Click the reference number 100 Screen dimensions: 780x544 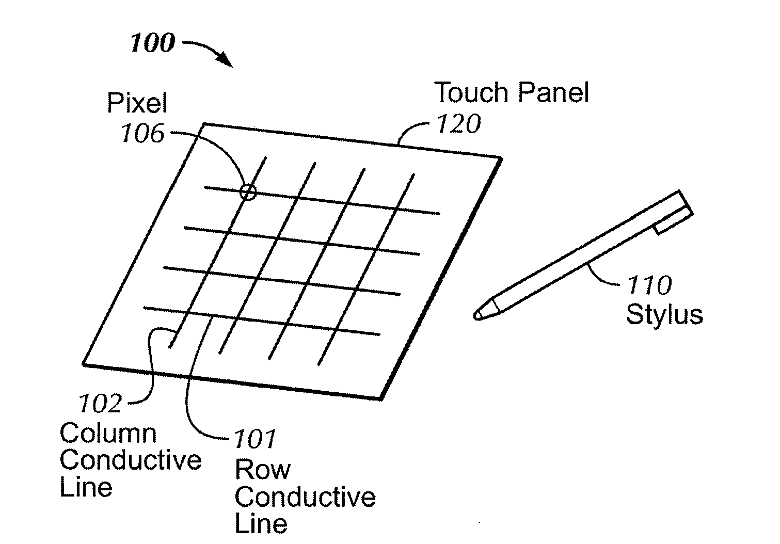pyautogui.click(x=152, y=43)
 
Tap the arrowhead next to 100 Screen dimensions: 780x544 pyautogui.click(x=225, y=60)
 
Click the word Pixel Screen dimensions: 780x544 pyautogui.click(x=137, y=103)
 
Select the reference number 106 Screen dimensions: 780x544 pyautogui.click(x=142, y=133)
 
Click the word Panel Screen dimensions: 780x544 pyautogui.click(x=554, y=92)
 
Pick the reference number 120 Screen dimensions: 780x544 pyautogui.click(x=459, y=124)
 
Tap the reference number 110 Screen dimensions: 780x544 pyautogui.click(x=649, y=285)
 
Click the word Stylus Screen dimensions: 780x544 pyautogui.click(x=664, y=315)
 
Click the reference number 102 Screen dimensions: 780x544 pyautogui.click(x=100, y=404)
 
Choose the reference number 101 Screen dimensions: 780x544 pyautogui.click(x=255, y=439)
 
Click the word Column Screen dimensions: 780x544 pyautogui.click(x=108, y=434)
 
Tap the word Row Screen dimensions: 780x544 pyautogui.click(x=263, y=470)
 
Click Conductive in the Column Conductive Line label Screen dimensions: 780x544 pyautogui.click(x=131, y=460)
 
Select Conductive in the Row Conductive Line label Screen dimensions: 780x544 pyautogui.click(x=306, y=497)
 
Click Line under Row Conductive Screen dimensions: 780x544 pyautogui.click(x=261, y=523)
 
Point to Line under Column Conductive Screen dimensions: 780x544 pyautogui.click(x=86, y=487)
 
